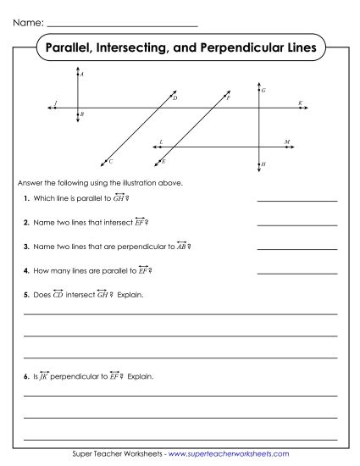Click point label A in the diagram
click(x=82, y=75)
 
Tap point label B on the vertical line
click(x=82, y=113)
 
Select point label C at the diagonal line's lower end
click(x=110, y=159)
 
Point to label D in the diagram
click(x=175, y=99)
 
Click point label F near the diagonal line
click(x=228, y=99)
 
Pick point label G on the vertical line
click(x=264, y=90)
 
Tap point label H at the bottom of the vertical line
click(x=264, y=164)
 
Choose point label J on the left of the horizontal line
click(x=55, y=103)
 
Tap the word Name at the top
click(x=25, y=19)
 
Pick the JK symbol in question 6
click(x=44, y=374)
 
